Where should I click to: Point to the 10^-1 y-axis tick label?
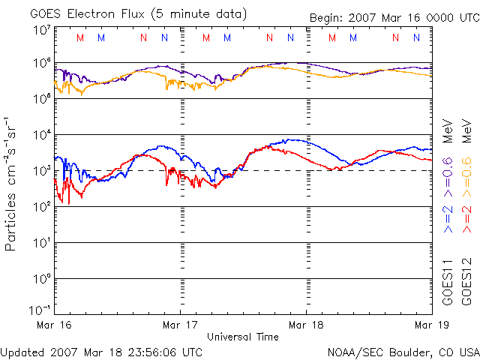click(40, 310)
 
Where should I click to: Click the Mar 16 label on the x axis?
click(51, 325)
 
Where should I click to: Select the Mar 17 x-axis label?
click(180, 325)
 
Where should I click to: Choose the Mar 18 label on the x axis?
click(306, 325)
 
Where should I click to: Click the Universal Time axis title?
click(243, 337)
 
